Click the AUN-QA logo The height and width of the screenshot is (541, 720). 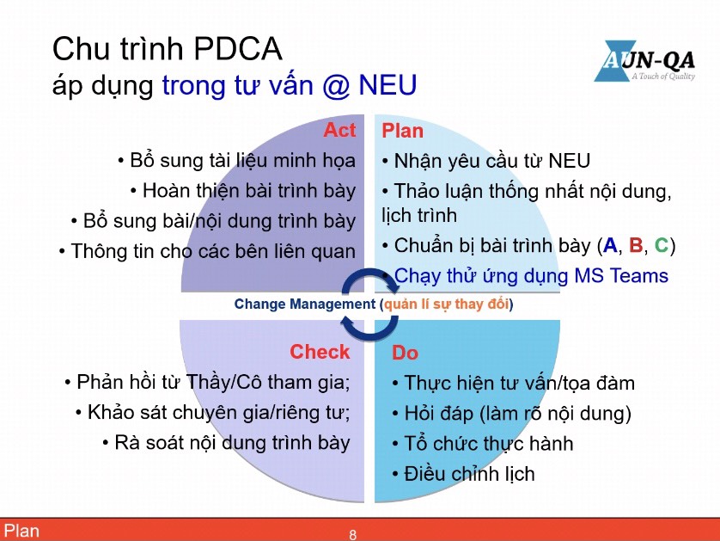pos(644,62)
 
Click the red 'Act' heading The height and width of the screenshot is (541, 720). pos(339,130)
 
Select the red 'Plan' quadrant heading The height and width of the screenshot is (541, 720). pos(402,131)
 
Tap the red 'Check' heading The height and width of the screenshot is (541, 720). pos(320,352)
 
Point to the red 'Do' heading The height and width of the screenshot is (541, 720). pos(405,353)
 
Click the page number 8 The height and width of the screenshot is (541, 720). pos(352,535)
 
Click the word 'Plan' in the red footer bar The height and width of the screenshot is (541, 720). pos(21,531)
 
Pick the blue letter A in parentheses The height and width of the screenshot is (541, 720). pos(610,245)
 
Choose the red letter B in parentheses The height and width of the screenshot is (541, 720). pos(636,245)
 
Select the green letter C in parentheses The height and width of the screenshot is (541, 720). pos(662,245)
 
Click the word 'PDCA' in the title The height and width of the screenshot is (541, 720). pos(237,49)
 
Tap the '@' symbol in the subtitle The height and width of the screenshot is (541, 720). pos(337,85)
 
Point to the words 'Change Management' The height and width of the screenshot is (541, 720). pos(305,304)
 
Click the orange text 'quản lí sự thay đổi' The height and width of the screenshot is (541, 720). pos(446,304)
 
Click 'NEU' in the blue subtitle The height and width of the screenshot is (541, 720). pos(388,85)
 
